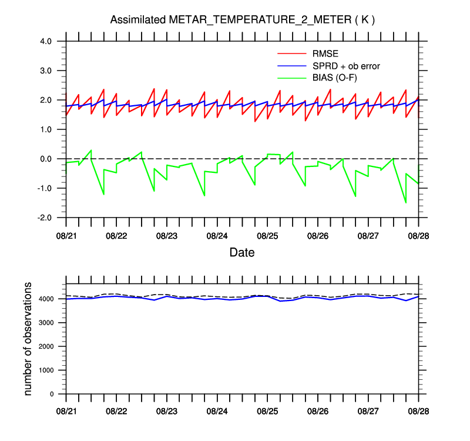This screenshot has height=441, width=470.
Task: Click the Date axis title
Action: click(242, 253)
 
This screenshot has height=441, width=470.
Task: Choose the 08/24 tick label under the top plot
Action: click(217, 236)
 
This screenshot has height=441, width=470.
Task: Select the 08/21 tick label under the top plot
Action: click(66, 236)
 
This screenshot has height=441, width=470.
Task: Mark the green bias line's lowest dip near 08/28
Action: click(405, 202)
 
